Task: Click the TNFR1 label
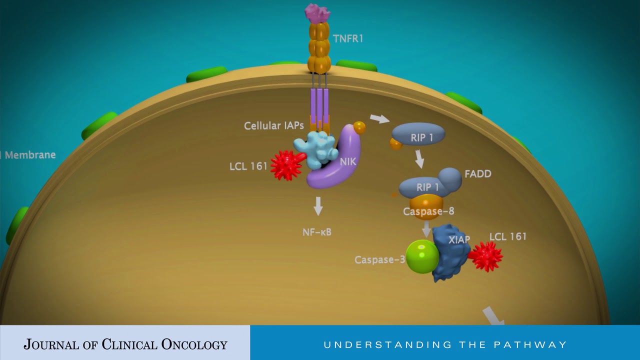point(348,38)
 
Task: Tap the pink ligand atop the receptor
point(317,13)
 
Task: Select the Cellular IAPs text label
point(273,125)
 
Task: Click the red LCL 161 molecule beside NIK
point(287,165)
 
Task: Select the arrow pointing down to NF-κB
point(318,205)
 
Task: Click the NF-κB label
point(317,232)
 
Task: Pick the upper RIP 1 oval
point(418,134)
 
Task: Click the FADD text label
point(478,173)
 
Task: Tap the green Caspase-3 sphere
point(422,256)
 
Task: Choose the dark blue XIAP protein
point(450,253)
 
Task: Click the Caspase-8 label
point(428,211)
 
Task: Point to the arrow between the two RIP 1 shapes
point(419,159)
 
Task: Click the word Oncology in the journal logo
point(194,344)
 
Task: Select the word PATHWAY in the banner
point(530,345)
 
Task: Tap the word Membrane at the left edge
point(30,155)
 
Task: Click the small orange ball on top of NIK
point(359,127)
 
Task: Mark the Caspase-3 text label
point(379,259)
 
